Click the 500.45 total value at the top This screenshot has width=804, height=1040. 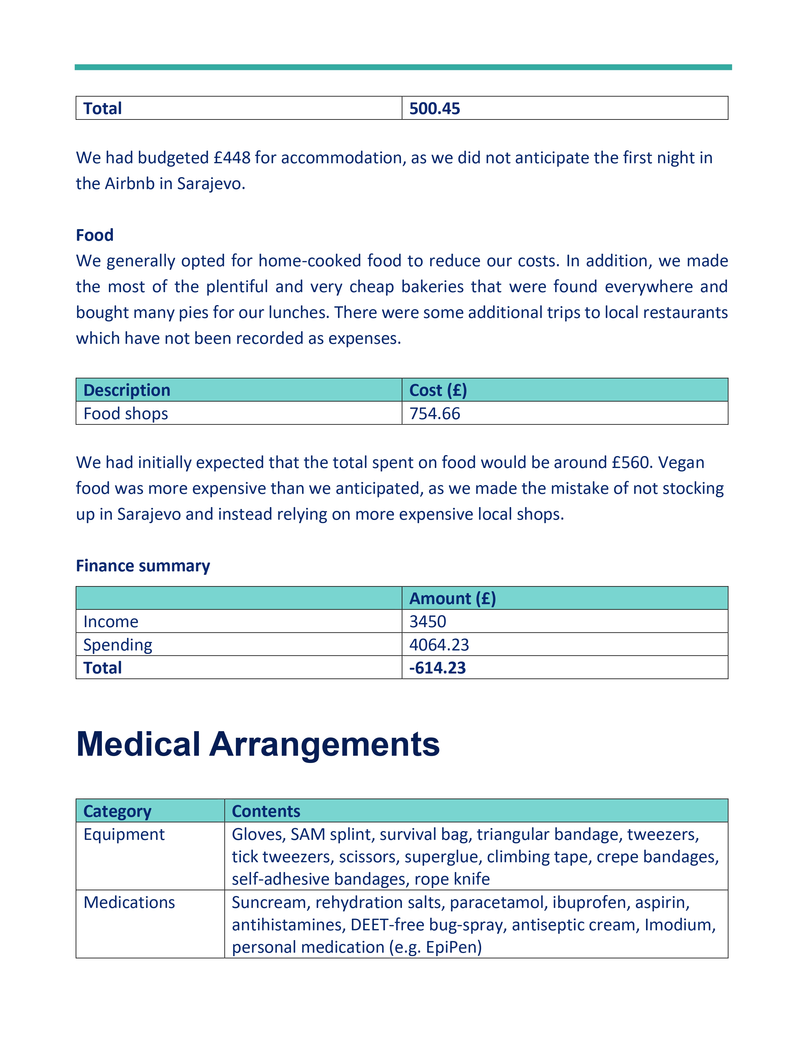pos(434,109)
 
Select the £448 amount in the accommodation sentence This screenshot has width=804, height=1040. pos(232,158)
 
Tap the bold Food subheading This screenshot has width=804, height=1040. pos(95,235)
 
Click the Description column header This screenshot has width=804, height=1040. pos(127,390)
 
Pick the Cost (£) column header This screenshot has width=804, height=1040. pos(438,390)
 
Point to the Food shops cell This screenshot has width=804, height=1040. pos(126,413)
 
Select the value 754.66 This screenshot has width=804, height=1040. pos(434,413)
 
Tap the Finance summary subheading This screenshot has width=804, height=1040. pos(143,566)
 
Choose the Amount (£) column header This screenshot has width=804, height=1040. pos(452,598)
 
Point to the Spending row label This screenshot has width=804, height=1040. pos(118,645)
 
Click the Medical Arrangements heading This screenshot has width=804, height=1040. pos(258,744)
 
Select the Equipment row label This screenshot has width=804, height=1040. pos(124,834)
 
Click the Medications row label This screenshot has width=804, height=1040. pos(129,902)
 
